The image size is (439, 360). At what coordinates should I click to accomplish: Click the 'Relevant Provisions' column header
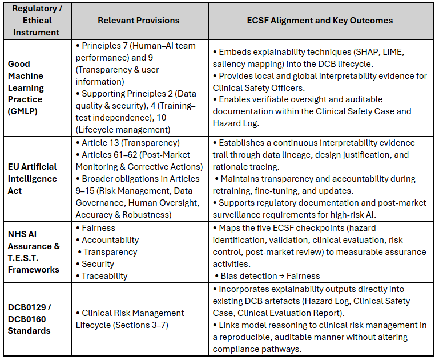(x=138, y=20)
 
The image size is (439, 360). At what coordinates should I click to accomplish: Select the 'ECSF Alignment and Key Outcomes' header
(x=320, y=20)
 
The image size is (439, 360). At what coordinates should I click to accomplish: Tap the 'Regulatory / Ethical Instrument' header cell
(x=35, y=20)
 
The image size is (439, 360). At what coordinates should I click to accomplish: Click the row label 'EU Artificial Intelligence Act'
(x=32, y=178)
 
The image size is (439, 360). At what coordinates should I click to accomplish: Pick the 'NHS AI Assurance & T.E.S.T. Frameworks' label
(x=33, y=252)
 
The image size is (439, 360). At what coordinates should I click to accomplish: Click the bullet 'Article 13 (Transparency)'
(x=131, y=143)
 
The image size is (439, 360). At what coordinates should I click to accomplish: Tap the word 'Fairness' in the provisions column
(x=98, y=228)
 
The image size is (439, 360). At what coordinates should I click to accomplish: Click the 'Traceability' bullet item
(x=104, y=276)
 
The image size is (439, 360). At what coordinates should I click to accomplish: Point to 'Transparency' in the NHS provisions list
(x=110, y=252)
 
